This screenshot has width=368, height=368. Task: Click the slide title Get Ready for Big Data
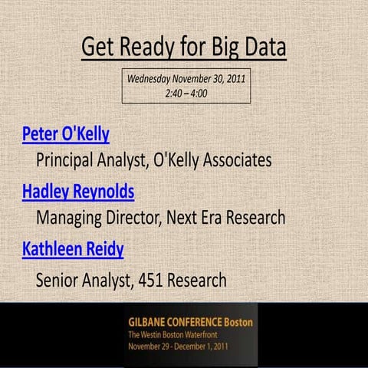click(x=184, y=48)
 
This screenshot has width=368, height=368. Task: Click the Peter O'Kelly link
click(x=65, y=135)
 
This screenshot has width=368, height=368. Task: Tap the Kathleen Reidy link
click(x=73, y=249)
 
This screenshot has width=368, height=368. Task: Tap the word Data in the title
click(x=261, y=48)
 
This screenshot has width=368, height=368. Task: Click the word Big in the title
click(x=214, y=48)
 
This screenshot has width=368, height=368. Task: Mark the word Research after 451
click(x=198, y=280)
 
